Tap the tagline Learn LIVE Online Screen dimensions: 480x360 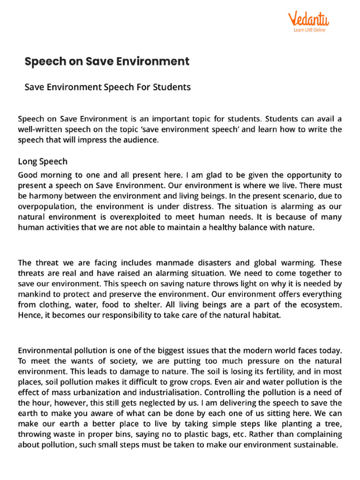click(x=309, y=30)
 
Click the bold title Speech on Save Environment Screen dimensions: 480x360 click(x=107, y=61)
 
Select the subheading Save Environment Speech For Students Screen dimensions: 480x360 click(x=107, y=87)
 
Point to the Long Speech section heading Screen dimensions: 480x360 click(x=43, y=162)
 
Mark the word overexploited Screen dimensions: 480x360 click(x=146, y=217)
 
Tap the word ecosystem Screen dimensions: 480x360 click(x=321, y=304)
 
